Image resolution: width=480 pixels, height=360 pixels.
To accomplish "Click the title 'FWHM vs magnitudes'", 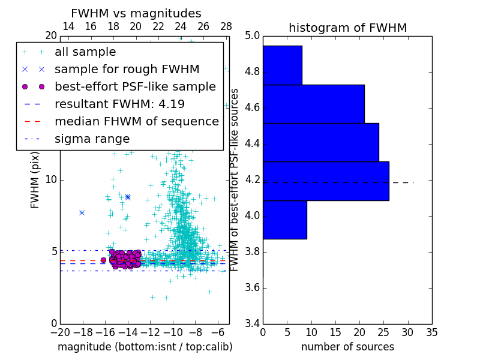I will click(x=136, y=13).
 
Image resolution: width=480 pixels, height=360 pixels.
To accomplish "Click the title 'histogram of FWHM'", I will click(x=347, y=28).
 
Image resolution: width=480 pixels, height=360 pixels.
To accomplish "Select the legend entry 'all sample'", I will click(x=85, y=52).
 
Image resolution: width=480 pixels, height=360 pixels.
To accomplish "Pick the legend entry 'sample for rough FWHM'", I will click(x=127, y=69).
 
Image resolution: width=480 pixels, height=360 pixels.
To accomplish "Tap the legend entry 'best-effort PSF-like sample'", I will click(x=135, y=86).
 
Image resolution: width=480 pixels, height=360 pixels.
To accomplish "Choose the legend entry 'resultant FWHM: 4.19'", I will click(x=119, y=104).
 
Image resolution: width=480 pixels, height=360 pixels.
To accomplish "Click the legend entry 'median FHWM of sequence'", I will click(x=136, y=121).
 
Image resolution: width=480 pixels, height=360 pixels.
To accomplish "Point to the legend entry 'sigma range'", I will click(x=92, y=139).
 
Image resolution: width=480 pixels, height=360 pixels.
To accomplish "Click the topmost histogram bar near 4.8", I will click(x=282, y=65).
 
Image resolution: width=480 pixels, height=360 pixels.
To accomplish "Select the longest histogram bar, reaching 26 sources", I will click(x=326, y=181).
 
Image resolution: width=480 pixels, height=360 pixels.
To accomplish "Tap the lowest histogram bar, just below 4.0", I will click(x=284, y=220).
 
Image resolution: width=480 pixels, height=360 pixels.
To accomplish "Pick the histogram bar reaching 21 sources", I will click(x=313, y=104).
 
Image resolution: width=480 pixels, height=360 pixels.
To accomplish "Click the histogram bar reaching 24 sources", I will click(x=320, y=142).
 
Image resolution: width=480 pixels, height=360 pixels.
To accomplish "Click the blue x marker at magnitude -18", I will click(x=82, y=212).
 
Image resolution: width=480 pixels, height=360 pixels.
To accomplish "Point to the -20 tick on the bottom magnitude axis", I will click(x=60, y=333).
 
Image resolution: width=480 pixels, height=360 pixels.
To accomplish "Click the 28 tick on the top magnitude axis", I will click(x=226, y=26).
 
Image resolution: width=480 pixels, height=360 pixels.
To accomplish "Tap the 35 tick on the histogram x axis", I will click(x=431, y=333).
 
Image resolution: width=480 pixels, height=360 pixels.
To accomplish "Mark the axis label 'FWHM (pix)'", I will click(x=35, y=180).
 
